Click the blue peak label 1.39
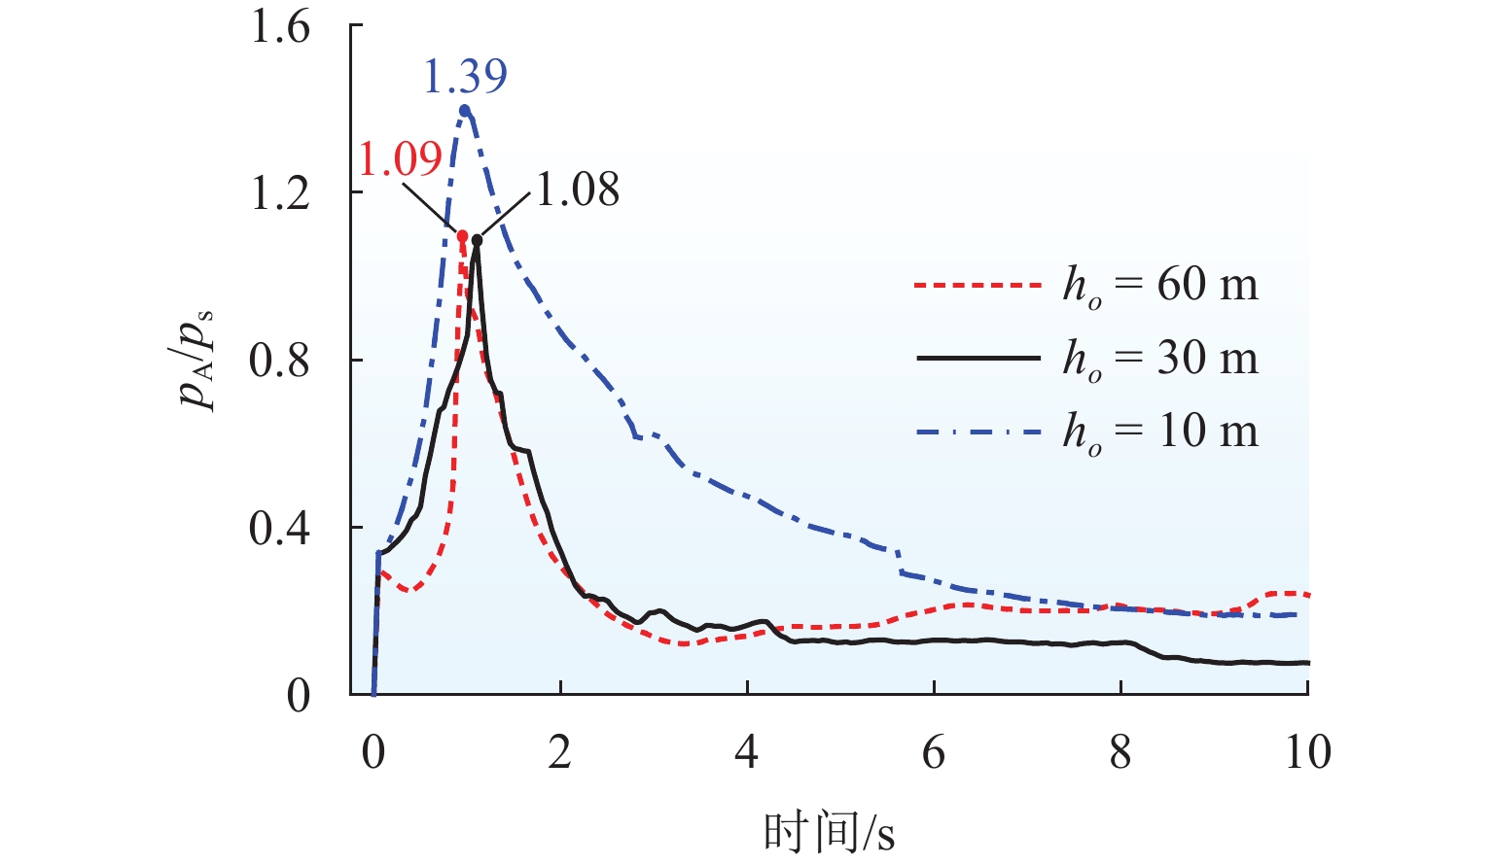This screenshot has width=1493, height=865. pos(465,77)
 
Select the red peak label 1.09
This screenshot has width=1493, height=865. pos(400,158)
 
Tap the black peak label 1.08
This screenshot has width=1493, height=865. pos(578,190)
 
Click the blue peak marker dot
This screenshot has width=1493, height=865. pos(465,110)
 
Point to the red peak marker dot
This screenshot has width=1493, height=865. pos(462,235)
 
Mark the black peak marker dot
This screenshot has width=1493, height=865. pos(477,240)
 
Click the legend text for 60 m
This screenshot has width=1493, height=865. pos(1160,285)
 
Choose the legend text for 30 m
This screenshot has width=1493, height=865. pos(1160,359)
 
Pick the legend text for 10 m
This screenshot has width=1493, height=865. pos(1160,431)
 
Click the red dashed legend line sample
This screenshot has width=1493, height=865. pos(978,286)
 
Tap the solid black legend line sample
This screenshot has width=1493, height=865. pos(978,359)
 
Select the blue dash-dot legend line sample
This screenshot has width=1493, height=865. pos(978,431)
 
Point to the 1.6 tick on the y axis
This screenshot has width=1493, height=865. pos(280,26)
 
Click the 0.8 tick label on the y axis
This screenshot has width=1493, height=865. pos(280,361)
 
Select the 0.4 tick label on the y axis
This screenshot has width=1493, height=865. pos(280,528)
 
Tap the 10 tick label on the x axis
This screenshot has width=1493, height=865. pos(1307,753)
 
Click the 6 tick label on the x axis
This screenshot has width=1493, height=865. pos(934,753)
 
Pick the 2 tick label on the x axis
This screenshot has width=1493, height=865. pos(559,753)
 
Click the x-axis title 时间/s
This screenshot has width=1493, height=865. pos(829,833)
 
